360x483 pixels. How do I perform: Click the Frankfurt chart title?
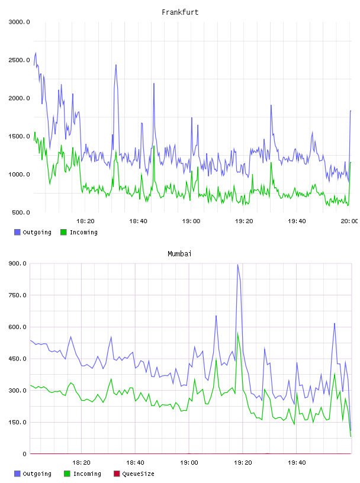pos(180,12)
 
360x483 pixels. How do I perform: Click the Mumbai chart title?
pos(179,254)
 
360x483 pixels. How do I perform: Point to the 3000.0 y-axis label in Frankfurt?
pos(19,22)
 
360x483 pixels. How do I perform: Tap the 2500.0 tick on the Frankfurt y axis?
pos(19,60)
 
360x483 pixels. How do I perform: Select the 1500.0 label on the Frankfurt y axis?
pos(19,137)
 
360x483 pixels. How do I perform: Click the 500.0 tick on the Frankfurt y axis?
pos(21,212)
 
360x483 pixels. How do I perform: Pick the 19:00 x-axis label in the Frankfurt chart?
pos(191,221)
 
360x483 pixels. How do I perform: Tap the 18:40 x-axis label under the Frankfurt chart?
pos(138,221)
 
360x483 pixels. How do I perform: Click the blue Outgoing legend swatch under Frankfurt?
pos(17,232)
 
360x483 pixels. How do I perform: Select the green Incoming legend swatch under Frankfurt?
pos(63,232)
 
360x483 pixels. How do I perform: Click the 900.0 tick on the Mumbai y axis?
pos(17,263)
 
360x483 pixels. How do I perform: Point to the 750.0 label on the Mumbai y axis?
pos(17,295)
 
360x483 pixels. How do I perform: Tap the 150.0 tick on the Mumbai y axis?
pos(17,422)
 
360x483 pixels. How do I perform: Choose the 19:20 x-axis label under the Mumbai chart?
pos(243,463)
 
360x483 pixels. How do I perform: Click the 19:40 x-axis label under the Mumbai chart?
pos(297,463)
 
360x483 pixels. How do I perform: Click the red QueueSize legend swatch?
pos(117,474)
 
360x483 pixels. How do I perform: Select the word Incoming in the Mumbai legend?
pos(87,474)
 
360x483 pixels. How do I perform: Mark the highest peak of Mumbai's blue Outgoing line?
pos(237,265)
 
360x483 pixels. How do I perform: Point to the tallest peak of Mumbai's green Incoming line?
pos(237,333)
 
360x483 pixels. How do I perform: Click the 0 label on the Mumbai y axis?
pos(25,454)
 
